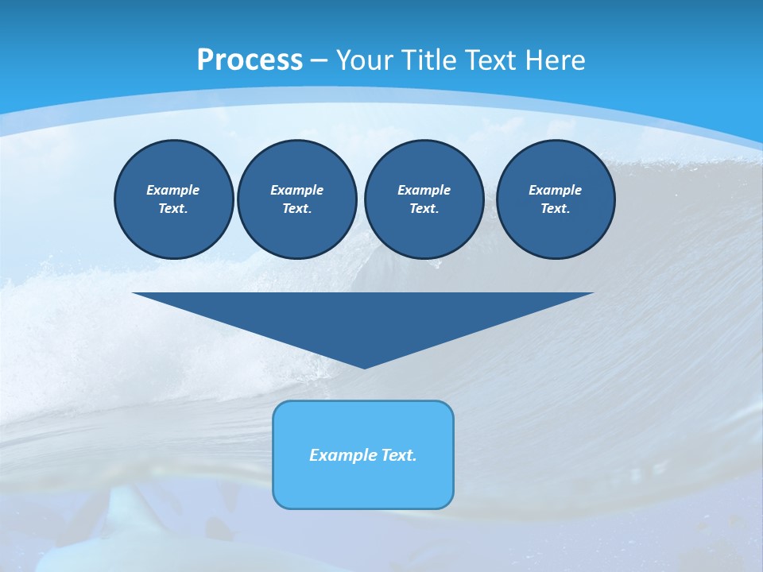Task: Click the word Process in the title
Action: (250, 60)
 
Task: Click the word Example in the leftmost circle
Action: (173, 190)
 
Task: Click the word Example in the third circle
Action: (424, 190)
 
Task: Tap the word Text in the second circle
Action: (296, 209)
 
